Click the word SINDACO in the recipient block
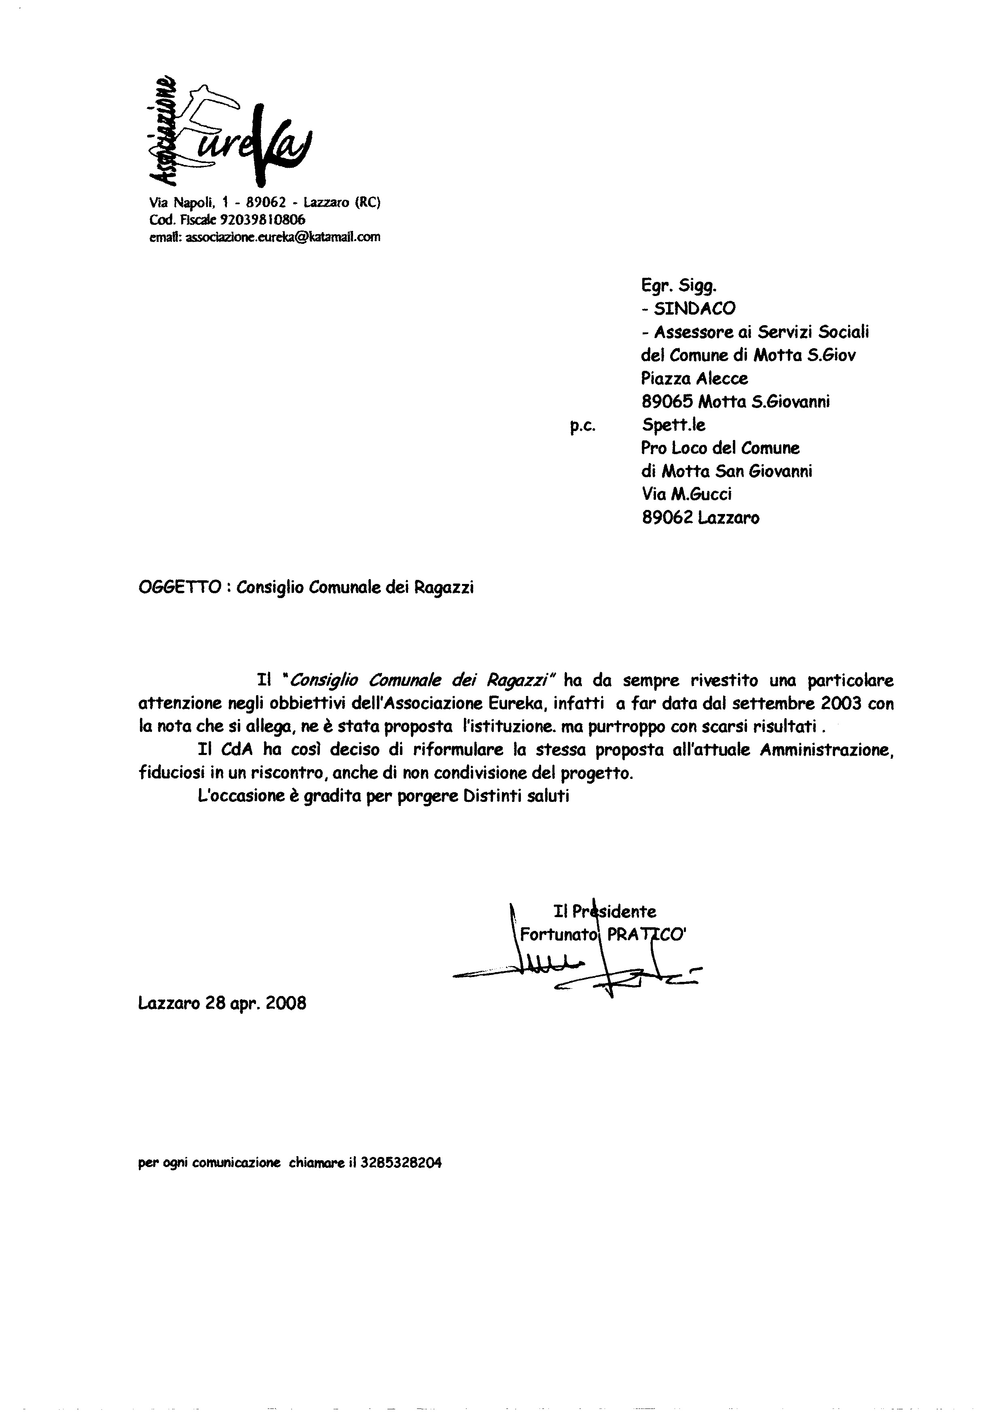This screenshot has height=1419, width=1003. click(695, 309)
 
